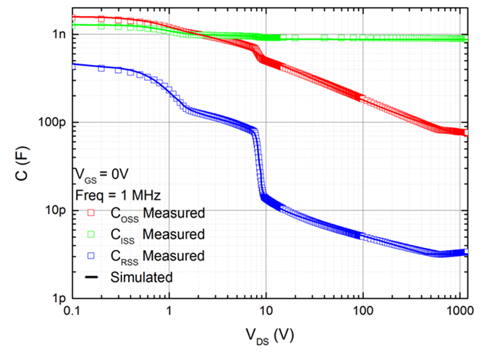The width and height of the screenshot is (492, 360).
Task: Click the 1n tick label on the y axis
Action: (x=58, y=34)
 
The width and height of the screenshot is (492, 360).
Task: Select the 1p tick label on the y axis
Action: (x=58, y=298)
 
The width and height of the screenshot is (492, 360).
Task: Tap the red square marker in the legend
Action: (x=91, y=213)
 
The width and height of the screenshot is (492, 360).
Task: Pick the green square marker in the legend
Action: (x=91, y=234)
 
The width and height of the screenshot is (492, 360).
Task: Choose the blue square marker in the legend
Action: (x=91, y=255)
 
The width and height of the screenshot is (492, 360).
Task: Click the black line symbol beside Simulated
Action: (x=91, y=276)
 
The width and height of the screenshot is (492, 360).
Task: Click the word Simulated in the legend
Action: (x=142, y=276)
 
